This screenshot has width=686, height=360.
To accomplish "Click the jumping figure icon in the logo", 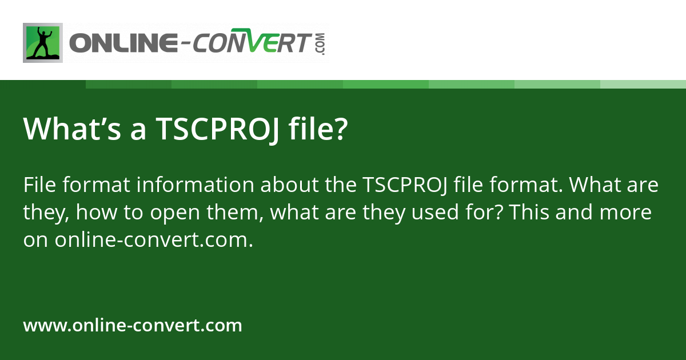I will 42,43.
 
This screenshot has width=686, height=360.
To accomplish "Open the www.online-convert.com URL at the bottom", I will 133,326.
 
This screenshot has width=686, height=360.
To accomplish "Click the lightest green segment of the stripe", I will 643,84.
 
